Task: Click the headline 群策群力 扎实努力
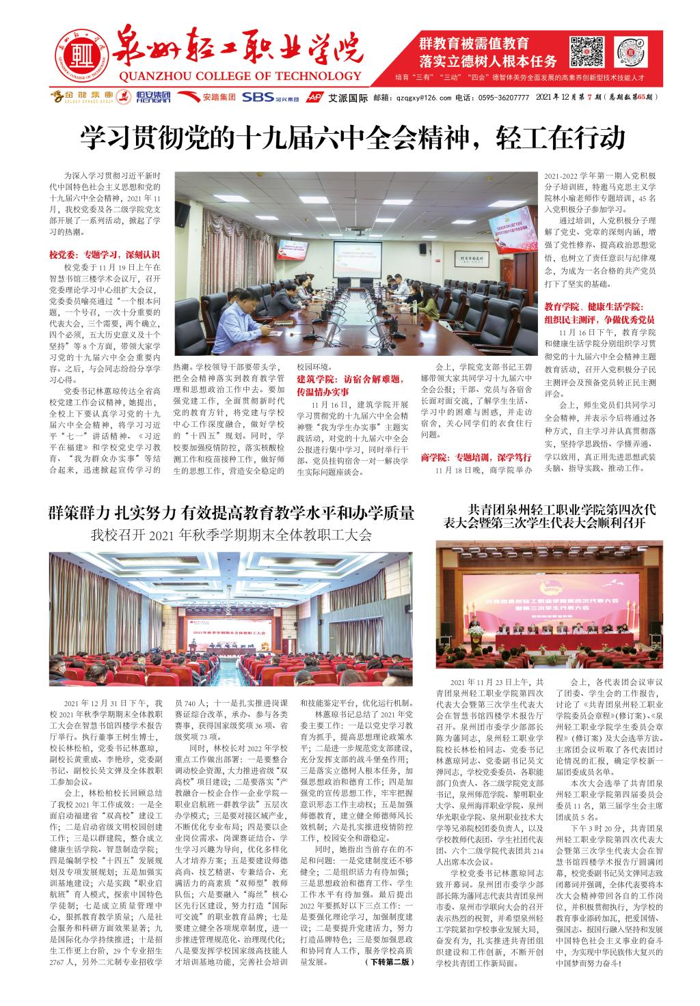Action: (231, 512)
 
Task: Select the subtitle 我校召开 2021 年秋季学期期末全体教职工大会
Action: (231, 535)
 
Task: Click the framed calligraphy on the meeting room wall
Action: (471, 259)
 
